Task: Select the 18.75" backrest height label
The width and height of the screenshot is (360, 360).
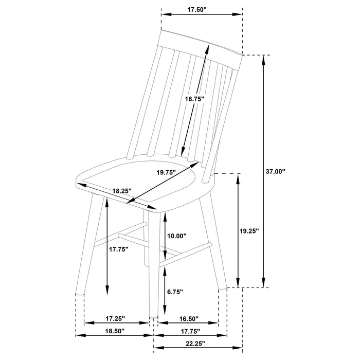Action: (x=194, y=99)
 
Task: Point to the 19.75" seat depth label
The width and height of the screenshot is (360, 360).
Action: (x=166, y=172)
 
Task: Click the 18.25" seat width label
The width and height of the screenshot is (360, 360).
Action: (x=122, y=190)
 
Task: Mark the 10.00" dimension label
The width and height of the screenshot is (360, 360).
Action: (x=177, y=236)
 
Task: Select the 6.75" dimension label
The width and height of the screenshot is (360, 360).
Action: (x=175, y=292)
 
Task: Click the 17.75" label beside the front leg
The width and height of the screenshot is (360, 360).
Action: (x=118, y=249)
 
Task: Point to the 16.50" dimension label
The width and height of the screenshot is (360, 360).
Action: (x=190, y=319)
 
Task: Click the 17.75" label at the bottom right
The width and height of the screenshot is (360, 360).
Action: (x=190, y=331)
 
